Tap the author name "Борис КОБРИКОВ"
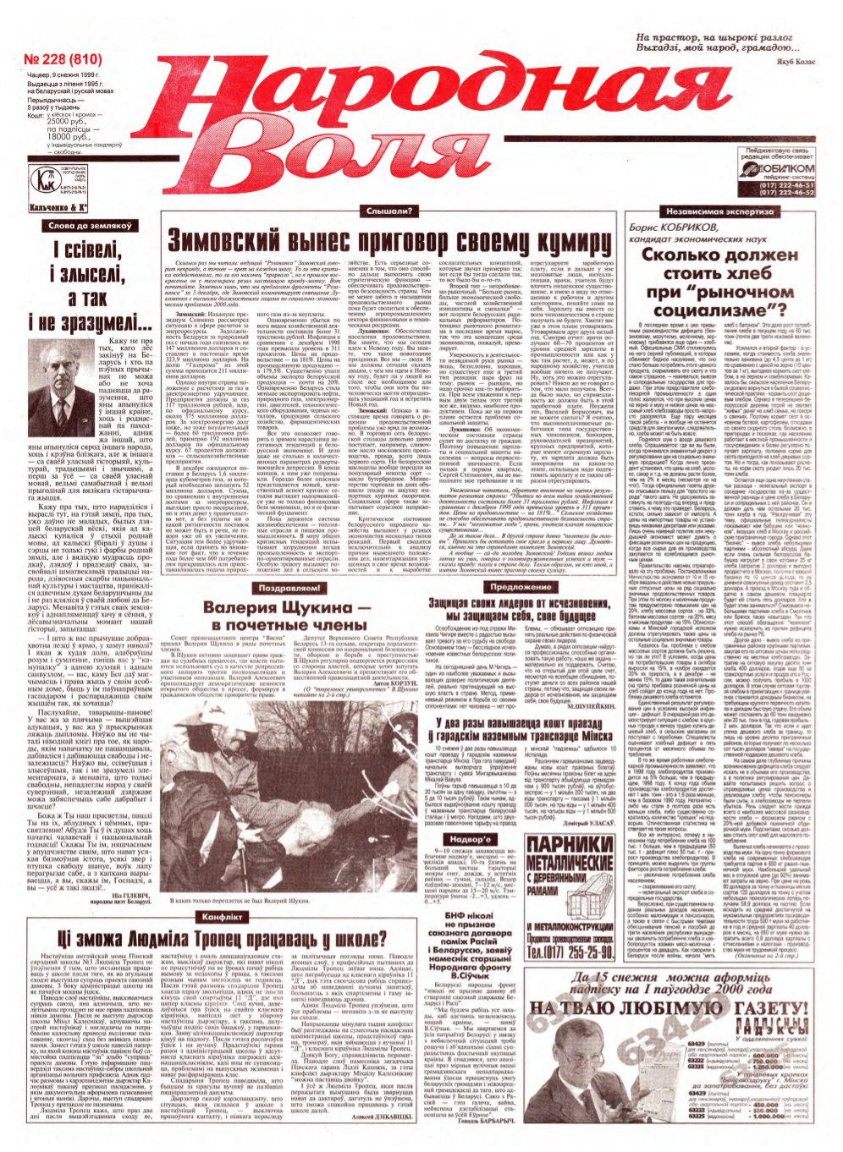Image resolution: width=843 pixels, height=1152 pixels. pyautogui.click(x=676, y=228)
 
